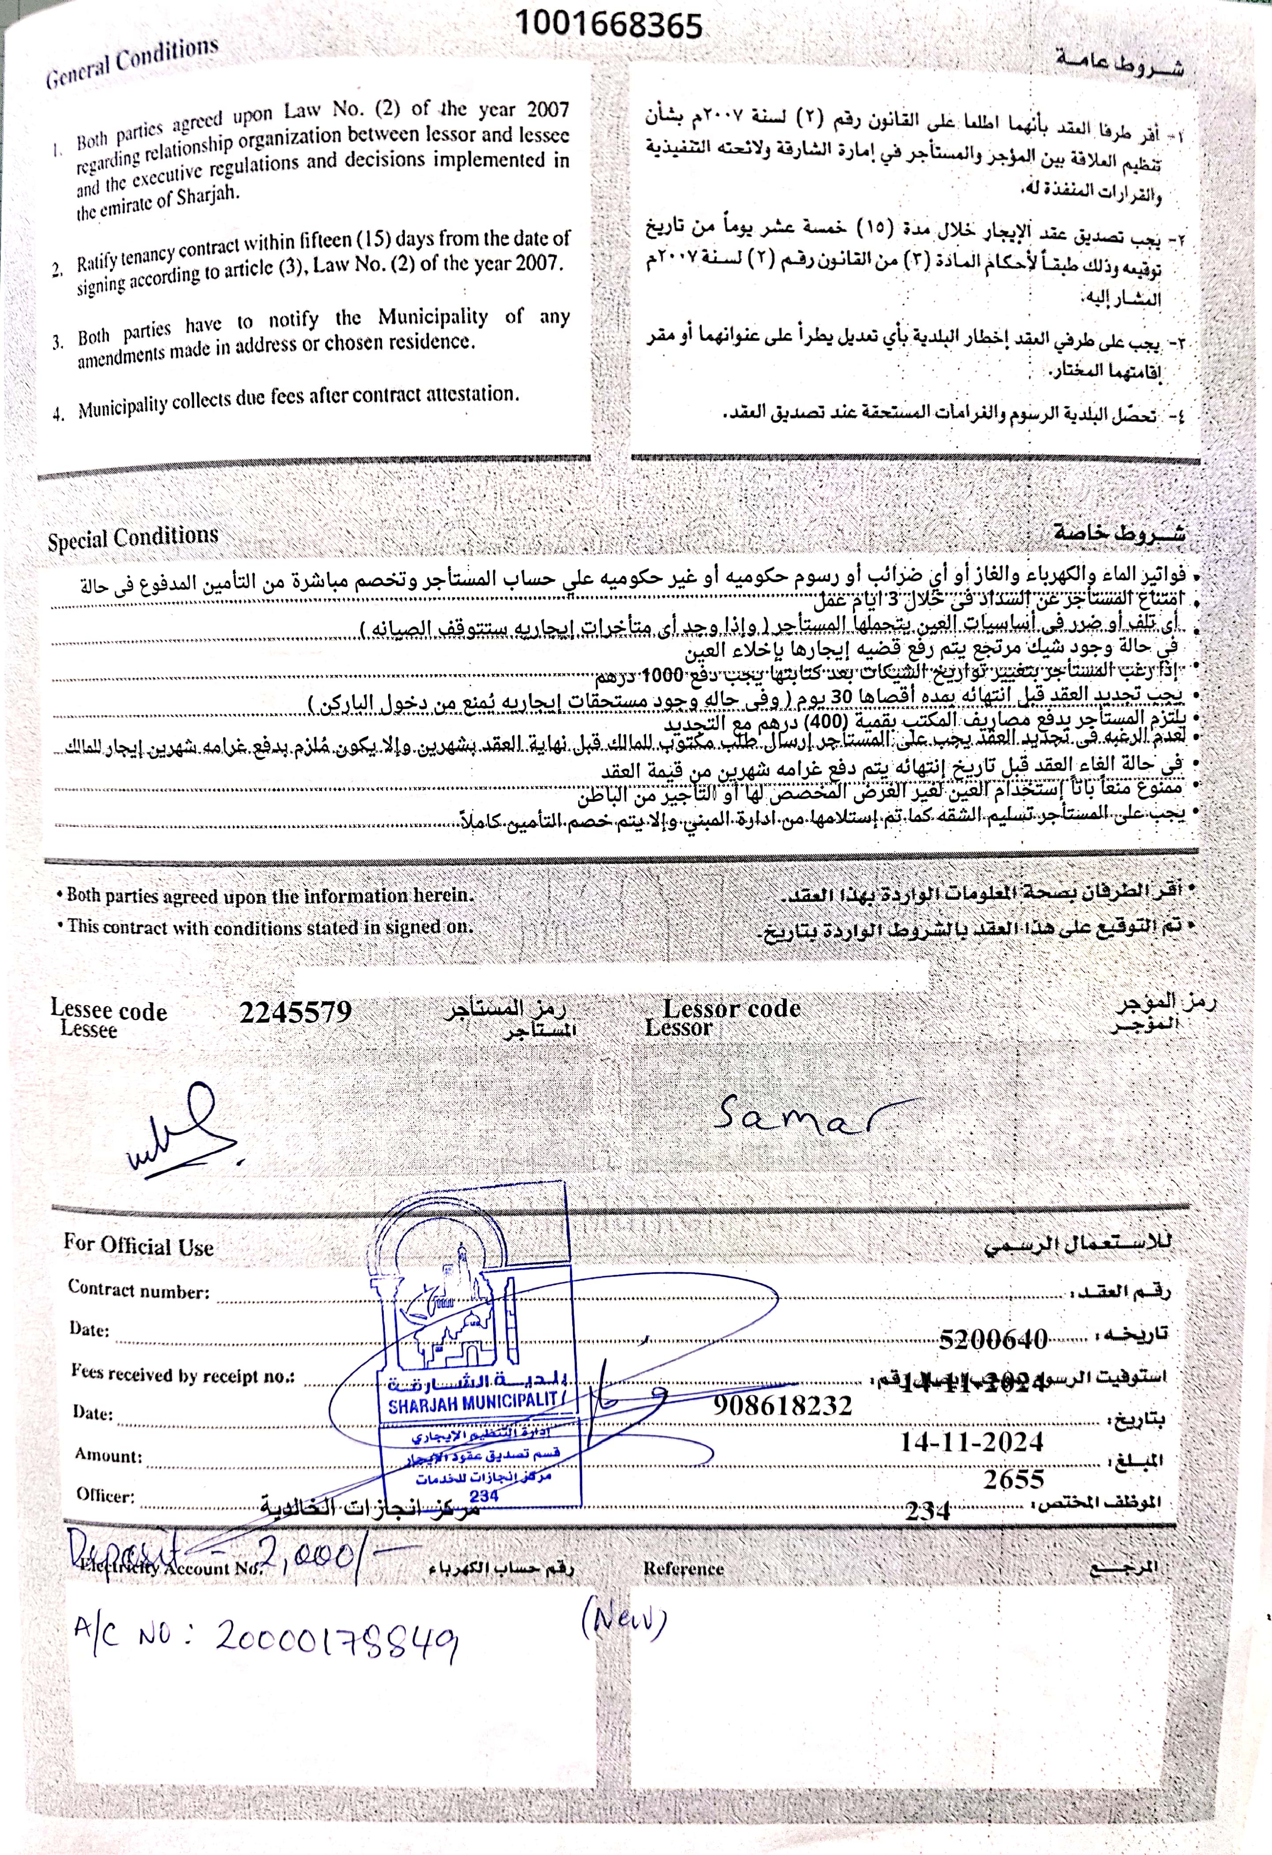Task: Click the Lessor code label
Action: coord(732,1009)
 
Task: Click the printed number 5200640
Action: coord(993,1339)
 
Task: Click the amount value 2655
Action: coord(1014,1479)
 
